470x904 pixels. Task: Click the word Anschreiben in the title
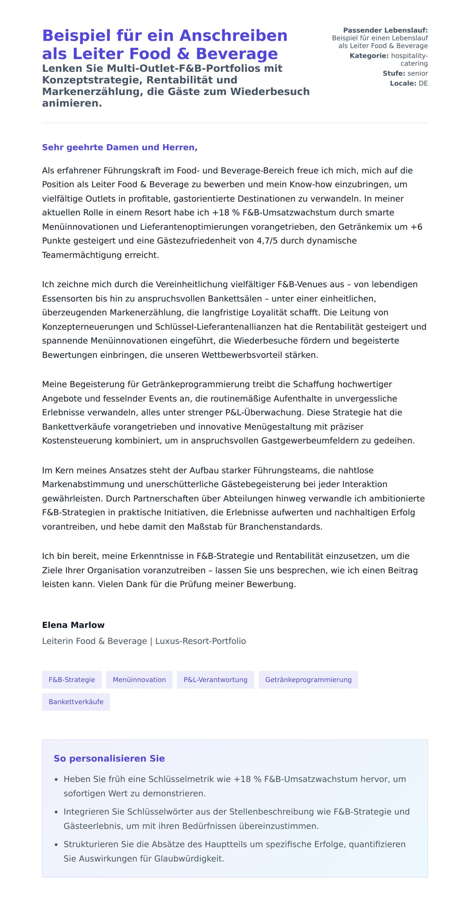pyautogui.click(x=233, y=36)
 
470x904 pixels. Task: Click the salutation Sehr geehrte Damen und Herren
pyautogui.click(x=119, y=147)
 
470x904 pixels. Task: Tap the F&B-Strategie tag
pyautogui.click(x=72, y=679)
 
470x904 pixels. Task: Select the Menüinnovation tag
pyautogui.click(x=139, y=679)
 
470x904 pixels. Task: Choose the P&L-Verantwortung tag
pyautogui.click(x=215, y=679)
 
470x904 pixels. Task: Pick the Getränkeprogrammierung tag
pyautogui.click(x=308, y=679)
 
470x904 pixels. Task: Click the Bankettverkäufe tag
pyautogui.click(x=76, y=701)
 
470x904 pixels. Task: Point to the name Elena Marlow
pyautogui.click(x=73, y=625)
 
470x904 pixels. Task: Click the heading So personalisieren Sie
pyautogui.click(x=109, y=758)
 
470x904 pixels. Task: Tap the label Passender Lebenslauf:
pyautogui.click(x=385, y=30)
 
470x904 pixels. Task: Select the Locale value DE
pyautogui.click(x=423, y=83)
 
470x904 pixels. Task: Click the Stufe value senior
pyautogui.click(x=418, y=73)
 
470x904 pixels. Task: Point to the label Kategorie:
pyautogui.click(x=369, y=56)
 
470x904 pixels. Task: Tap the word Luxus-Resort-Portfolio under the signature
pyautogui.click(x=201, y=641)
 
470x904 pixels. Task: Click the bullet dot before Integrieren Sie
pyautogui.click(x=56, y=812)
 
